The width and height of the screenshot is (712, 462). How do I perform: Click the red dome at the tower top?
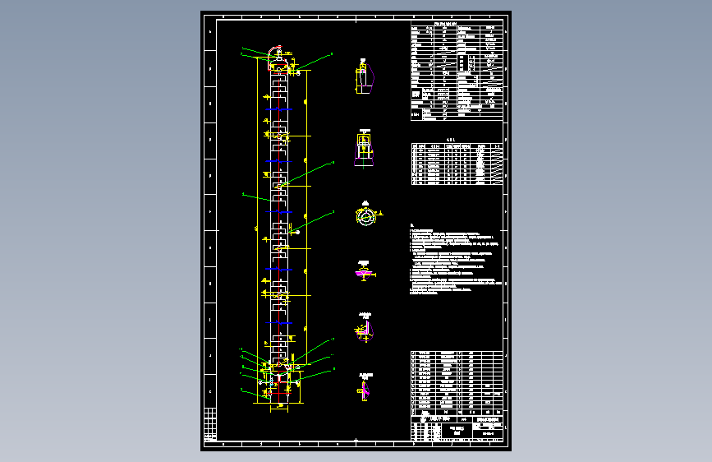click(279, 58)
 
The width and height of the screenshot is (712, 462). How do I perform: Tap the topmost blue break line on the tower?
click(280, 109)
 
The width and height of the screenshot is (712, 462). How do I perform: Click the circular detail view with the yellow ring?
click(365, 215)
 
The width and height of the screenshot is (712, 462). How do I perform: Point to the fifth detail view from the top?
click(365, 329)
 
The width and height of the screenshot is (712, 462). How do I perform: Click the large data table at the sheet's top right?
click(455, 72)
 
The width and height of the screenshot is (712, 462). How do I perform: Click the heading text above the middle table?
click(450, 140)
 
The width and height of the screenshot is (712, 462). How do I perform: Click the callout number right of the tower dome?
click(332, 53)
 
